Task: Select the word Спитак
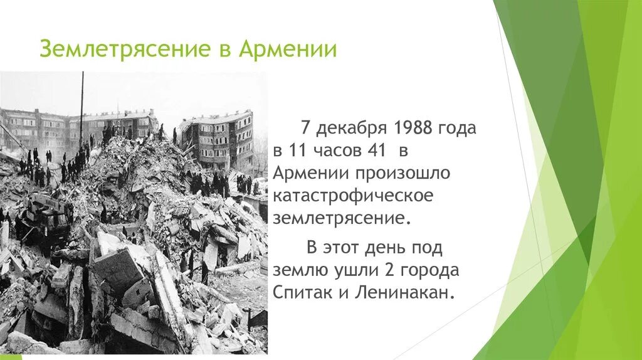(x=298, y=293)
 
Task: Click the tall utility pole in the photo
(x=81, y=107)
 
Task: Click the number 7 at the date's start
(x=305, y=129)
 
